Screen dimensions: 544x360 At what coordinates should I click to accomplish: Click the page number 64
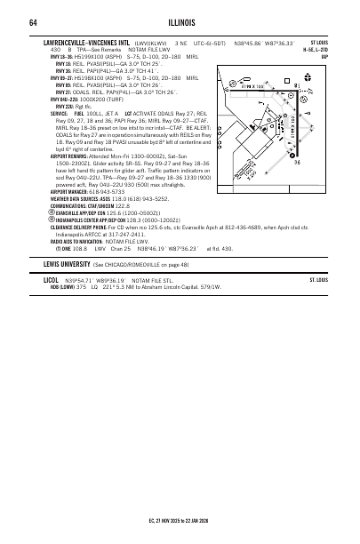tap(32, 22)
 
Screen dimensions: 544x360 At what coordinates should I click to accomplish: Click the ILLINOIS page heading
tap(180, 22)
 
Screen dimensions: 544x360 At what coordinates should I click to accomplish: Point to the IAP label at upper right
tap(324, 56)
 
